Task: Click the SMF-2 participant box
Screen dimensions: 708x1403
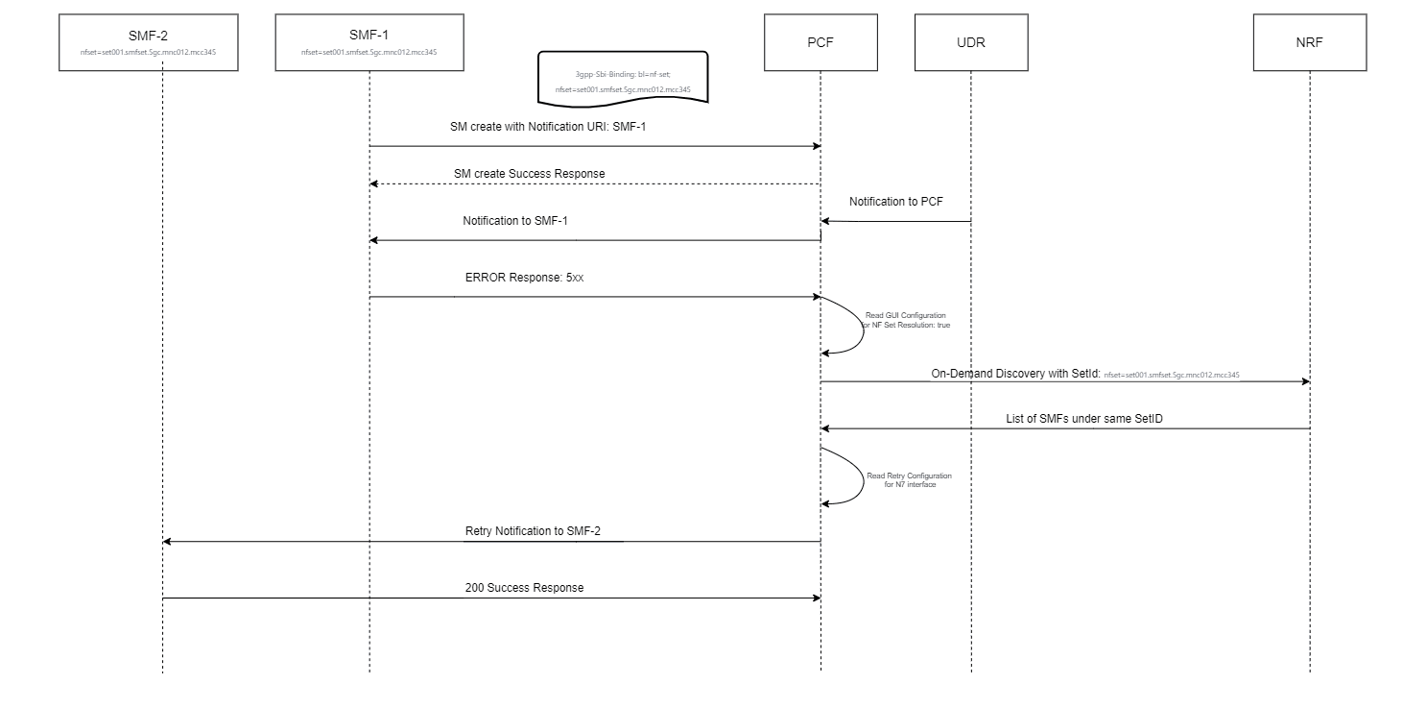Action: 148,42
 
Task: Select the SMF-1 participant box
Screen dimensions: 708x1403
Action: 369,42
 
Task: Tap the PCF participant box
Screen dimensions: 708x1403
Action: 820,42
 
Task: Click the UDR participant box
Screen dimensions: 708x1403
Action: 970,42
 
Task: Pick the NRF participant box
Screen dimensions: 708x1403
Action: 1309,42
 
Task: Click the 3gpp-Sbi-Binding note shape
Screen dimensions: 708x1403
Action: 622,78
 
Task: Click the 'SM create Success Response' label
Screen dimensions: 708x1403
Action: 529,174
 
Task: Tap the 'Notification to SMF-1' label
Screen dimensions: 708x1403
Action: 515,221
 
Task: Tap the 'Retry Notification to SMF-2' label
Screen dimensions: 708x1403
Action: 533,531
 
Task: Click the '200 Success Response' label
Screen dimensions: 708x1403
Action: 524,587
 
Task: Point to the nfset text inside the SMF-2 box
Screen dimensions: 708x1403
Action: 148,53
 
